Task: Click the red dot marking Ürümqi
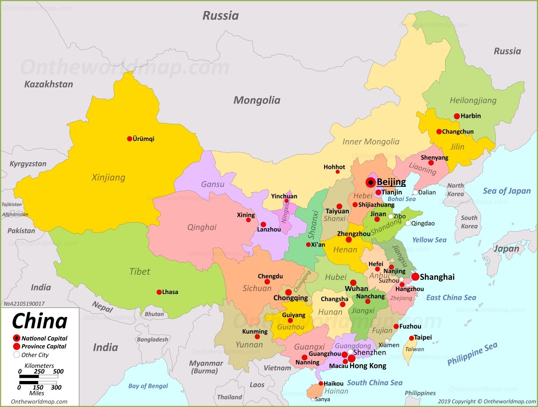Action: click(x=130, y=139)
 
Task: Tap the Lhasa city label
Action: click(x=170, y=292)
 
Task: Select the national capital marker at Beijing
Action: click(x=371, y=182)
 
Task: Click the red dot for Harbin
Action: click(x=457, y=116)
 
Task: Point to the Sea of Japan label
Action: click(x=507, y=191)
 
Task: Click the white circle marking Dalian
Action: click(x=416, y=192)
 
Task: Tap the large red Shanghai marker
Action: click(x=416, y=277)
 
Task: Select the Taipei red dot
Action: click(x=412, y=338)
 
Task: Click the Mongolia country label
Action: click(x=257, y=100)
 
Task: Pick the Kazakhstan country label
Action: click(x=48, y=84)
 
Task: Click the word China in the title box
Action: click(x=39, y=321)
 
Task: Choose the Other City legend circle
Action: click(x=17, y=355)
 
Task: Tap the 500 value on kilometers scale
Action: click(x=58, y=372)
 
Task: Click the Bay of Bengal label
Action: click(x=148, y=386)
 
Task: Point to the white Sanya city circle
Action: click(x=313, y=399)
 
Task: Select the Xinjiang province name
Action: click(x=108, y=178)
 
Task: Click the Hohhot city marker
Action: click(x=338, y=172)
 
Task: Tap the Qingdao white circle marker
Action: click(x=408, y=223)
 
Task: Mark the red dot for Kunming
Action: click(x=257, y=337)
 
